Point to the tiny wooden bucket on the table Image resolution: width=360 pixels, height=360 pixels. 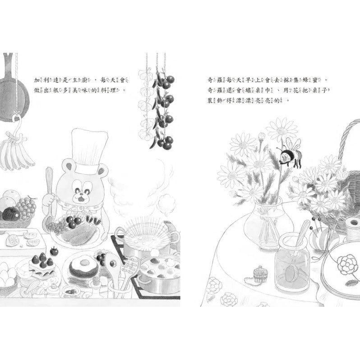point(259,273)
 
